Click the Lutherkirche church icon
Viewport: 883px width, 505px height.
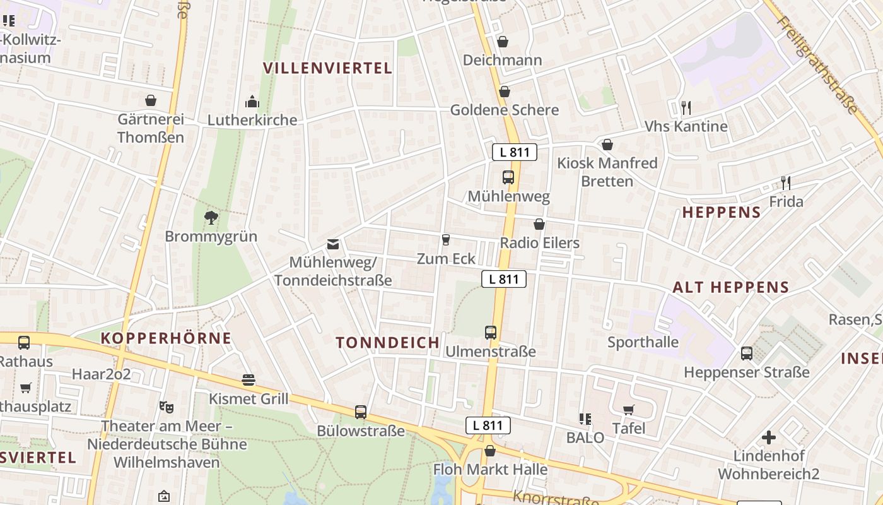pyautogui.click(x=252, y=101)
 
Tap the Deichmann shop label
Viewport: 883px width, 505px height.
pyautogui.click(x=502, y=60)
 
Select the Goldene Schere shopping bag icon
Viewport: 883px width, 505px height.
pyautogui.click(x=504, y=92)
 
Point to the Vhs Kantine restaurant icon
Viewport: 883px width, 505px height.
pyautogui.click(x=686, y=108)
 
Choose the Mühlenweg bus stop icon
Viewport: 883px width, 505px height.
pyautogui.click(x=508, y=177)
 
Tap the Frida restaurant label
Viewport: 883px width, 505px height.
pyautogui.click(x=786, y=201)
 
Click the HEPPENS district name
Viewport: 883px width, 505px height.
pyautogui.click(x=722, y=212)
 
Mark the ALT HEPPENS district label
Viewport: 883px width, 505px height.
pyautogui.click(x=730, y=287)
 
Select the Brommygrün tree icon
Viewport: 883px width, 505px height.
pyautogui.click(x=211, y=218)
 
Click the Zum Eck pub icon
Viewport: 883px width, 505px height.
pyautogui.click(x=446, y=240)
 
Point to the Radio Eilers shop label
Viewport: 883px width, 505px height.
pyautogui.click(x=539, y=243)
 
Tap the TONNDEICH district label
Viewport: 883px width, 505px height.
pyautogui.click(x=387, y=343)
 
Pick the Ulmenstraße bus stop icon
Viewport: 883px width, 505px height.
pyautogui.click(x=491, y=332)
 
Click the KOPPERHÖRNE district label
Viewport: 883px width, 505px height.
pyautogui.click(x=166, y=338)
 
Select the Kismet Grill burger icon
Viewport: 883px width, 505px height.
pyautogui.click(x=249, y=380)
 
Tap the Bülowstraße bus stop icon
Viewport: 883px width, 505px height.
pyautogui.click(x=361, y=412)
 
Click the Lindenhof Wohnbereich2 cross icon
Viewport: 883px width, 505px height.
pyautogui.click(x=768, y=437)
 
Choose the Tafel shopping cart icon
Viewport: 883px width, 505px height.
pyautogui.click(x=628, y=410)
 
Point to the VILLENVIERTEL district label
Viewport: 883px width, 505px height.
pyautogui.click(x=327, y=68)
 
